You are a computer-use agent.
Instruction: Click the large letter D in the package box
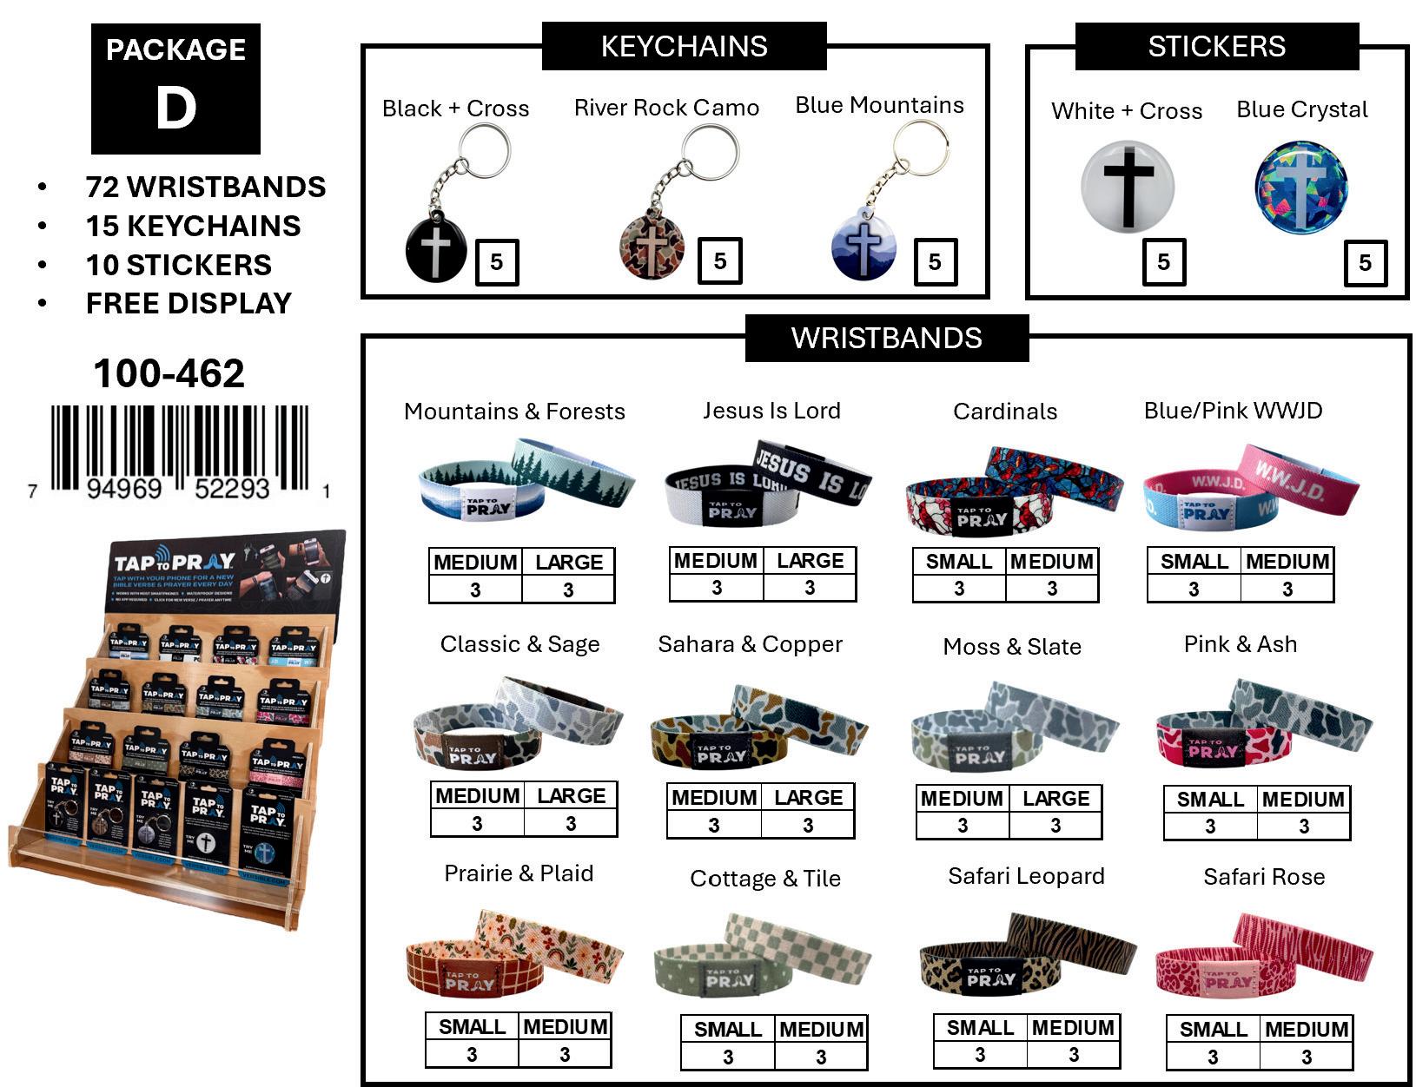pyautogui.click(x=176, y=109)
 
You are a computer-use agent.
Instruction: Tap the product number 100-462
pyautogui.click(x=169, y=373)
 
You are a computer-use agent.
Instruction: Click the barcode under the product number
pyautogui.click(x=179, y=450)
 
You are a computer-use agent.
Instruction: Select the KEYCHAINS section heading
pyautogui.click(x=684, y=46)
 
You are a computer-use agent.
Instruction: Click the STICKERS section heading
pyautogui.click(x=1216, y=46)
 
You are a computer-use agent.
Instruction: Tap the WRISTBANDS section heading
pyautogui.click(x=886, y=338)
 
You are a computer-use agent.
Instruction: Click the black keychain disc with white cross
pyautogui.click(x=436, y=251)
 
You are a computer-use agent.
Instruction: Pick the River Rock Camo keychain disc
pyautogui.click(x=652, y=248)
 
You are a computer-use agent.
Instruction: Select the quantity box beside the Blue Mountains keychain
pyautogui.click(x=935, y=261)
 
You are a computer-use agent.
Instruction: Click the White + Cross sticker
pyautogui.click(x=1128, y=186)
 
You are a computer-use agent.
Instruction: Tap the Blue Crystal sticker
pyautogui.click(x=1300, y=188)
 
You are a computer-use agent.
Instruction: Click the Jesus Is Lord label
pyautogui.click(x=771, y=410)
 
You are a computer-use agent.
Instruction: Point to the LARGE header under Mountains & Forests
pyautogui.click(x=569, y=562)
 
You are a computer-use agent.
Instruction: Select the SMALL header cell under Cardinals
pyautogui.click(x=959, y=562)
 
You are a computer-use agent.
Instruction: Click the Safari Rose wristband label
pyautogui.click(x=1264, y=877)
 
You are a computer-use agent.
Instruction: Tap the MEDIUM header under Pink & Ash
pyautogui.click(x=1303, y=799)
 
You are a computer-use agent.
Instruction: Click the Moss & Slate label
pyautogui.click(x=1012, y=646)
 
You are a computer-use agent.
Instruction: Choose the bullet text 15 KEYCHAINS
pyautogui.click(x=193, y=226)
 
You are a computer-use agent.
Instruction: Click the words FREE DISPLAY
pyautogui.click(x=189, y=303)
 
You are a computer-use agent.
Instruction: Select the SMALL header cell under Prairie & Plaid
pyautogui.click(x=472, y=1026)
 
